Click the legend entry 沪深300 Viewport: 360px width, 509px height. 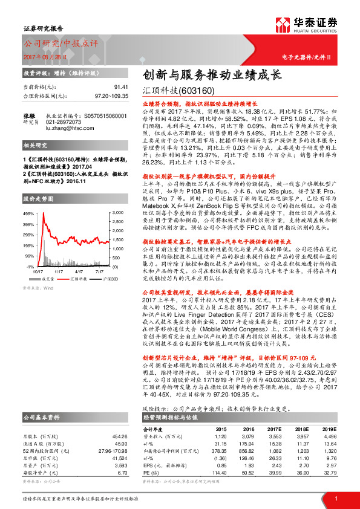point(99,262)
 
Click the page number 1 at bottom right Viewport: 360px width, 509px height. point(335,498)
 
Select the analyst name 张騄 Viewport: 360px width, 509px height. point(29,115)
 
